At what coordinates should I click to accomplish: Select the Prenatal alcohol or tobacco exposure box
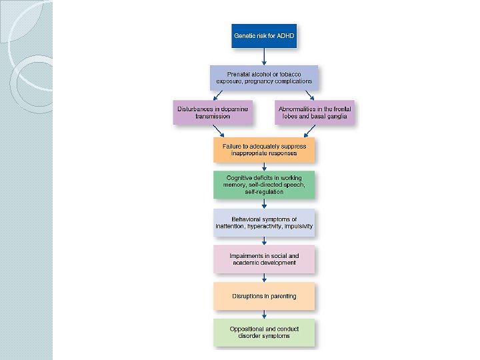pos(264,77)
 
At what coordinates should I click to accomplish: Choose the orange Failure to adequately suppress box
pos(264,150)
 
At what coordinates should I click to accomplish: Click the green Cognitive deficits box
pos(264,185)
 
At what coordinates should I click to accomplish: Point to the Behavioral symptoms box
pos(264,223)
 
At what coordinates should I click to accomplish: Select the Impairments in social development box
pos(264,259)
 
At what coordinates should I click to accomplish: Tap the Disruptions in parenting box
pos(264,296)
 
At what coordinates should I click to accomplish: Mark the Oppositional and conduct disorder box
pos(264,333)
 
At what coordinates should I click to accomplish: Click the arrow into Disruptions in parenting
pos(264,277)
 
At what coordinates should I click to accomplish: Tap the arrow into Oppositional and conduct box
pos(264,314)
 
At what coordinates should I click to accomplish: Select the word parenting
pos(281,296)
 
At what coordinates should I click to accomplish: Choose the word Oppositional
pos(248,329)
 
